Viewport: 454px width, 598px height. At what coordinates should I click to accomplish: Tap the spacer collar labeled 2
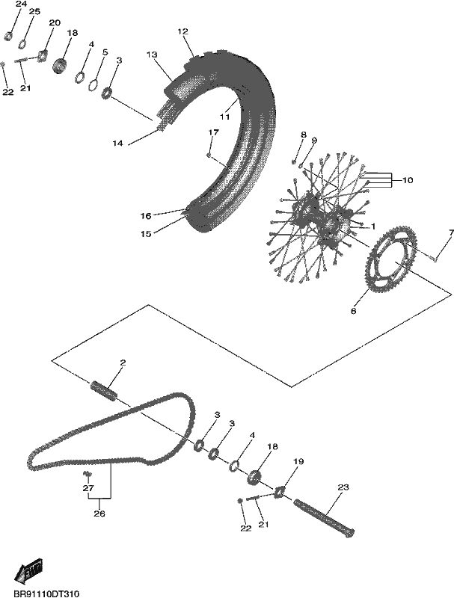click(x=104, y=390)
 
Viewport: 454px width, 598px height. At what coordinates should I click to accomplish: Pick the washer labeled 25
click(x=23, y=44)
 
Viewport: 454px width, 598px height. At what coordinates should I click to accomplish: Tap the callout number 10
click(x=408, y=180)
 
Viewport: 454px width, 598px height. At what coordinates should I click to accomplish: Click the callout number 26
click(x=99, y=514)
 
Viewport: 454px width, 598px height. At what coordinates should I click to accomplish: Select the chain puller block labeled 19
click(x=280, y=492)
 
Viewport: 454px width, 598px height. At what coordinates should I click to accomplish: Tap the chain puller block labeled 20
click(x=43, y=55)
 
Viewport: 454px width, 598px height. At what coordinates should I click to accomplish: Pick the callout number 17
click(x=214, y=132)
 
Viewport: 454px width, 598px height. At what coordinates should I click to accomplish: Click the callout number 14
click(x=117, y=144)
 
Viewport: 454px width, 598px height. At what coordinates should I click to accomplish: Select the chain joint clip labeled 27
click(x=88, y=475)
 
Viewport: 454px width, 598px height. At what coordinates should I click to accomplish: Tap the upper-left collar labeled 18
click(x=60, y=67)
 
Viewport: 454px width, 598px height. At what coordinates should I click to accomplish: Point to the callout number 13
click(x=152, y=55)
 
